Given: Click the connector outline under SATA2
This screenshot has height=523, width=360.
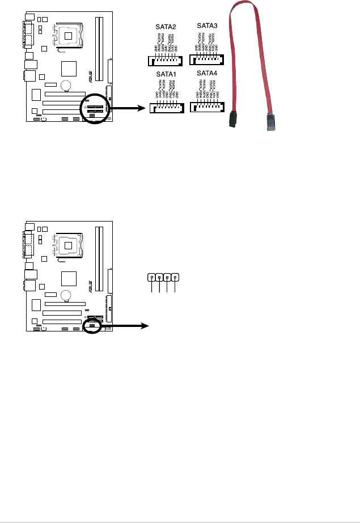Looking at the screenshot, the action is click(x=164, y=61).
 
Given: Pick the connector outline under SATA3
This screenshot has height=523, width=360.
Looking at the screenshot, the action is click(x=207, y=59).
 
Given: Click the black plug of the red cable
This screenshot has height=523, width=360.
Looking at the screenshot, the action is click(x=232, y=120).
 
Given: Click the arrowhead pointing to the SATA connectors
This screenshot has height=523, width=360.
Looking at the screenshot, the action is click(x=137, y=109).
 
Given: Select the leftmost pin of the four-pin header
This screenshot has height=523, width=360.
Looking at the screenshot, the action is click(x=152, y=278).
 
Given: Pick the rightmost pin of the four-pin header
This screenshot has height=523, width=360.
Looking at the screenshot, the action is click(x=176, y=278).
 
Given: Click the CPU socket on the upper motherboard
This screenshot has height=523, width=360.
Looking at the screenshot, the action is click(x=69, y=35).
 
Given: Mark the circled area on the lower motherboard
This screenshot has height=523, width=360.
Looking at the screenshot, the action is click(x=92, y=326).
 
